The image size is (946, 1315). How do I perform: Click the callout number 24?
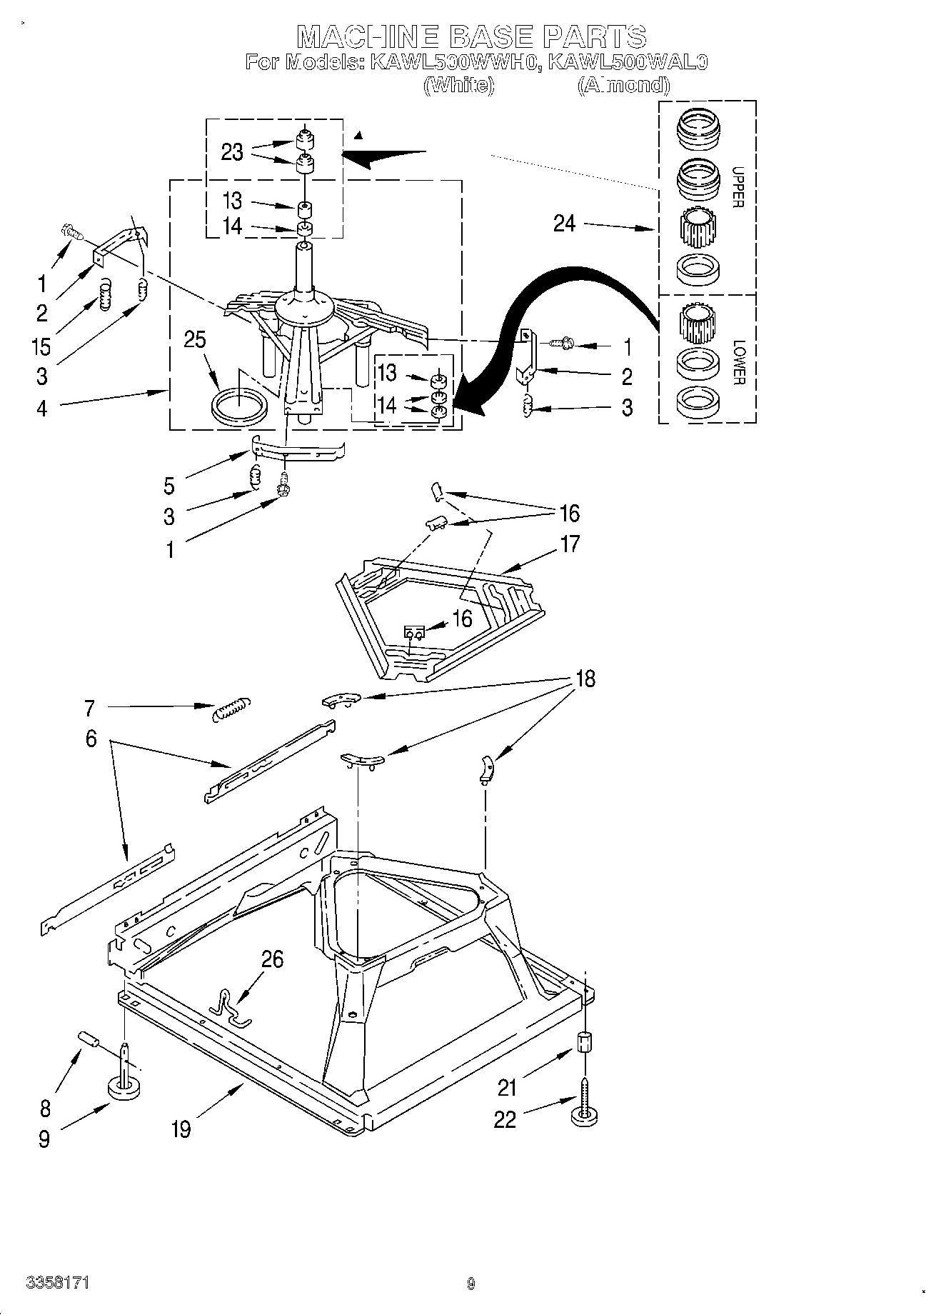click(564, 224)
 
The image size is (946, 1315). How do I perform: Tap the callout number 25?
click(194, 340)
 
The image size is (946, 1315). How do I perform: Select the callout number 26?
click(273, 959)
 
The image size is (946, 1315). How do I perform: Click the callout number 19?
click(181, 1129)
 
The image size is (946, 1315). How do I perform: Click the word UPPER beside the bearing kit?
click(738, 187)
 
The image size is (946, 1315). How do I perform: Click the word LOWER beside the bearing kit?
click(738, 361)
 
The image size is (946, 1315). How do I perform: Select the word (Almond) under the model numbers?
click(623, 85)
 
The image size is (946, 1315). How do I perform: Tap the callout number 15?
click(41, 347)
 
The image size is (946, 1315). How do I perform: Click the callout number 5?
click(168, 486)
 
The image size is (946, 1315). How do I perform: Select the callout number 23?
click(232, 152)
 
